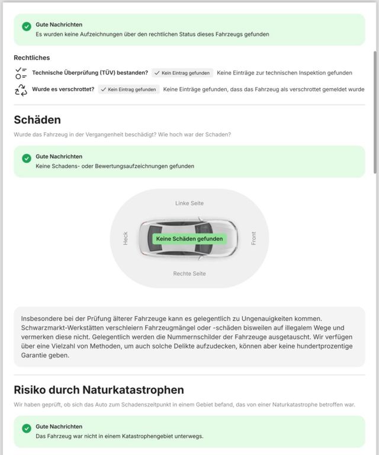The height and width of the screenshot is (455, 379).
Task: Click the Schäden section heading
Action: pyautogui.click(x=37, y=120)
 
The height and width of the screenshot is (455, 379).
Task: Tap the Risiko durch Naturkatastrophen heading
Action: pyautogui.click(x=99, y=390)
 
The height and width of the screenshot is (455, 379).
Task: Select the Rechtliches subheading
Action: pyautogui.click(x=31, y=58)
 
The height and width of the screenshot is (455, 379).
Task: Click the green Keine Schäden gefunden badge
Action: pyautogui.click(x=189, y=239)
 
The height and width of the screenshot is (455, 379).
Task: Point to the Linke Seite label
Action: pyautogui.click(x=189, y=203)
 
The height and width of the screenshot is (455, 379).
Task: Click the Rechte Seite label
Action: pyautogui.click(x=189, y=274)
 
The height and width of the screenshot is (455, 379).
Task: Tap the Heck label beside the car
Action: pyautogui.click(x=126, y=238)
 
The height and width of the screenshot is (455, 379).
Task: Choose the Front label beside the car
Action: pyautogui.click(x=253, y=238)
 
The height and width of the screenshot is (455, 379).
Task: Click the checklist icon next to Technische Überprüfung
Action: pyautogui.click(x=21, y=73)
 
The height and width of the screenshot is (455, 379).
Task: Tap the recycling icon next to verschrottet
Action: pyautogui.click(x=21, y=89)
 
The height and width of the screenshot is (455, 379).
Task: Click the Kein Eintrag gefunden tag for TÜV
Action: pyautogui.click(x=182, y=73)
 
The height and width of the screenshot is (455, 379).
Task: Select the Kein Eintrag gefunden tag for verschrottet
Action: pyautogui.click(x=129, y=89)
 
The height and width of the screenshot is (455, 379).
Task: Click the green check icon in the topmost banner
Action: pyautogui.click(x=26, y=27)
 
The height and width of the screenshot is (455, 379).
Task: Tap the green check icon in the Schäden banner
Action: pyautogui.click(x=26, y=159)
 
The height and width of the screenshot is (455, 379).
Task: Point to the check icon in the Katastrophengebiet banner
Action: pyautogui.click(x=26, y=428)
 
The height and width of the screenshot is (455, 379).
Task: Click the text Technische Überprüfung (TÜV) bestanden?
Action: pyautogui.click(x=90, y=73)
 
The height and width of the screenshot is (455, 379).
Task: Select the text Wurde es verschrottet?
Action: pyautogui.click(x=63, y=89)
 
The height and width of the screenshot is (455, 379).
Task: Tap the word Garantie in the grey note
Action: pyautogui.click(x=37, y=355)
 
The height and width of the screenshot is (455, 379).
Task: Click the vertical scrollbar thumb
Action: pyautogui.click(x=374, y=113)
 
